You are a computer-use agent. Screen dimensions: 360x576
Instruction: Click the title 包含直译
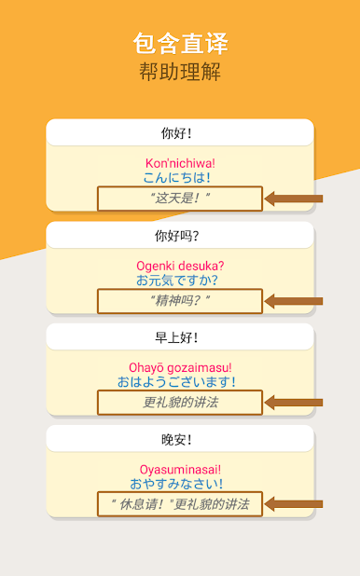[x=180, y=43]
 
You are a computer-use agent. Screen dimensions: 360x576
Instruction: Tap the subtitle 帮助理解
[x=180, y=73]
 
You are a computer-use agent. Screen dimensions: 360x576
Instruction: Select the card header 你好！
[x=180, y=132]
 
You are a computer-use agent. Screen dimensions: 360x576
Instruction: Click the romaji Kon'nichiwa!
[x=180, y=163]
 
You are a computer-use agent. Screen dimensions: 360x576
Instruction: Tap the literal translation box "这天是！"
[x=180, y=199]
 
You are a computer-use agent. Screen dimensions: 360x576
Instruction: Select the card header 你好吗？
[x=180, y=235]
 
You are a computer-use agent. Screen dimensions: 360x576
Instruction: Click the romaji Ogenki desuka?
[x=180, y=266]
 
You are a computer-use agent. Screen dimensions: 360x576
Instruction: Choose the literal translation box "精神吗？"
[x=180, y=301]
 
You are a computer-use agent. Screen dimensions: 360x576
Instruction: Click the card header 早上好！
[x=180, y=336]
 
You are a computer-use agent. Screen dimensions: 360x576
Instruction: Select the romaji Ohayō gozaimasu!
[x=180, y=367]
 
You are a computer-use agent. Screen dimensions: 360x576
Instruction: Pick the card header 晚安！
[x=180, y=438]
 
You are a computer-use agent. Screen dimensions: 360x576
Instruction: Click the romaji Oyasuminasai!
[x=180, y=469]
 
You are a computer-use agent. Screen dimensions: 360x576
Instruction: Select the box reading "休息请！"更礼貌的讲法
[x=180, y=504]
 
